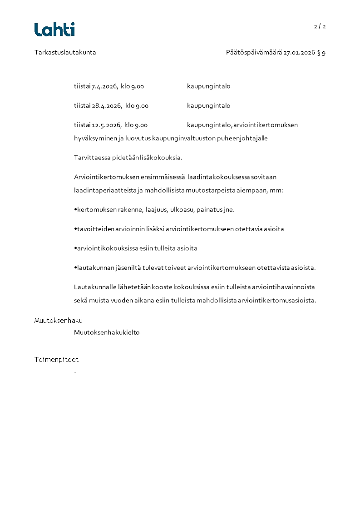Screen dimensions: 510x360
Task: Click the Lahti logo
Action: tap(54, 30)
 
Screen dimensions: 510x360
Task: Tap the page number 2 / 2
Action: tap(320, 26)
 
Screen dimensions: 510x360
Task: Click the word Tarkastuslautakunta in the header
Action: tap(65, 52)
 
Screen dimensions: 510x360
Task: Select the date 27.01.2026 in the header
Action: tap(299, 52)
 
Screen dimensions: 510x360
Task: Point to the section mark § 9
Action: tap(321, 52)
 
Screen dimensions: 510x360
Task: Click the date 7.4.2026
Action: tap(104, 86)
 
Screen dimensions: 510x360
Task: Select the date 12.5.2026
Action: tap(106, 125)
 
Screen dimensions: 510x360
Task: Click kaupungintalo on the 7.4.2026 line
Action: tap(208, 86)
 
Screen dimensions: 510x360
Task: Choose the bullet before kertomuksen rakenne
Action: tap(75, 210)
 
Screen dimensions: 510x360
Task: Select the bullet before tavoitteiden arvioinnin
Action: tap(75, 229)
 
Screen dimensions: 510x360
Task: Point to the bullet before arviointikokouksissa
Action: tap(75, 248)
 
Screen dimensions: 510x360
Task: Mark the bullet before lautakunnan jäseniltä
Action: tap(75, 268)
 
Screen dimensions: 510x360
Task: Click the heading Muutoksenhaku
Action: tap(59, 321)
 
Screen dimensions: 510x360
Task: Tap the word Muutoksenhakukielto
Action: tap(107, 332)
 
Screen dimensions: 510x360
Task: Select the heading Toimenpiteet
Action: tap(56, 360)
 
